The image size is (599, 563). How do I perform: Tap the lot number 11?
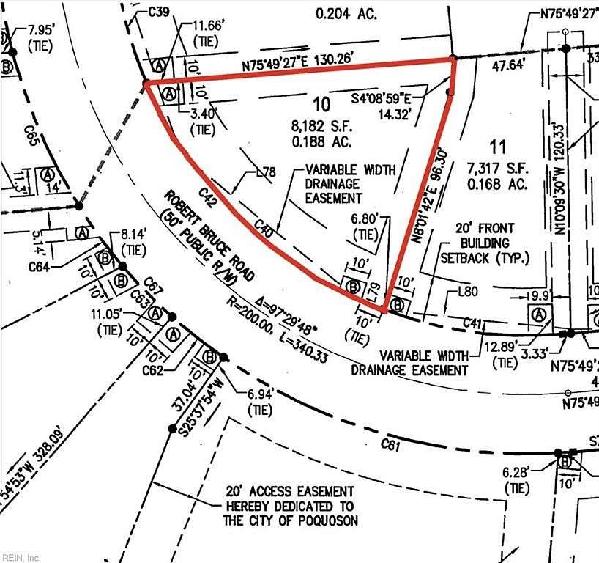click(x=499, y=146)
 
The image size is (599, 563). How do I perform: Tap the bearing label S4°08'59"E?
click(x=382, y=97)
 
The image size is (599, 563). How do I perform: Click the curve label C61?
click(x=390, y=444)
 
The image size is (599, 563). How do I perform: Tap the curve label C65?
click(x=30, y=136)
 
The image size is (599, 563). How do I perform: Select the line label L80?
click(x=468, y=292)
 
